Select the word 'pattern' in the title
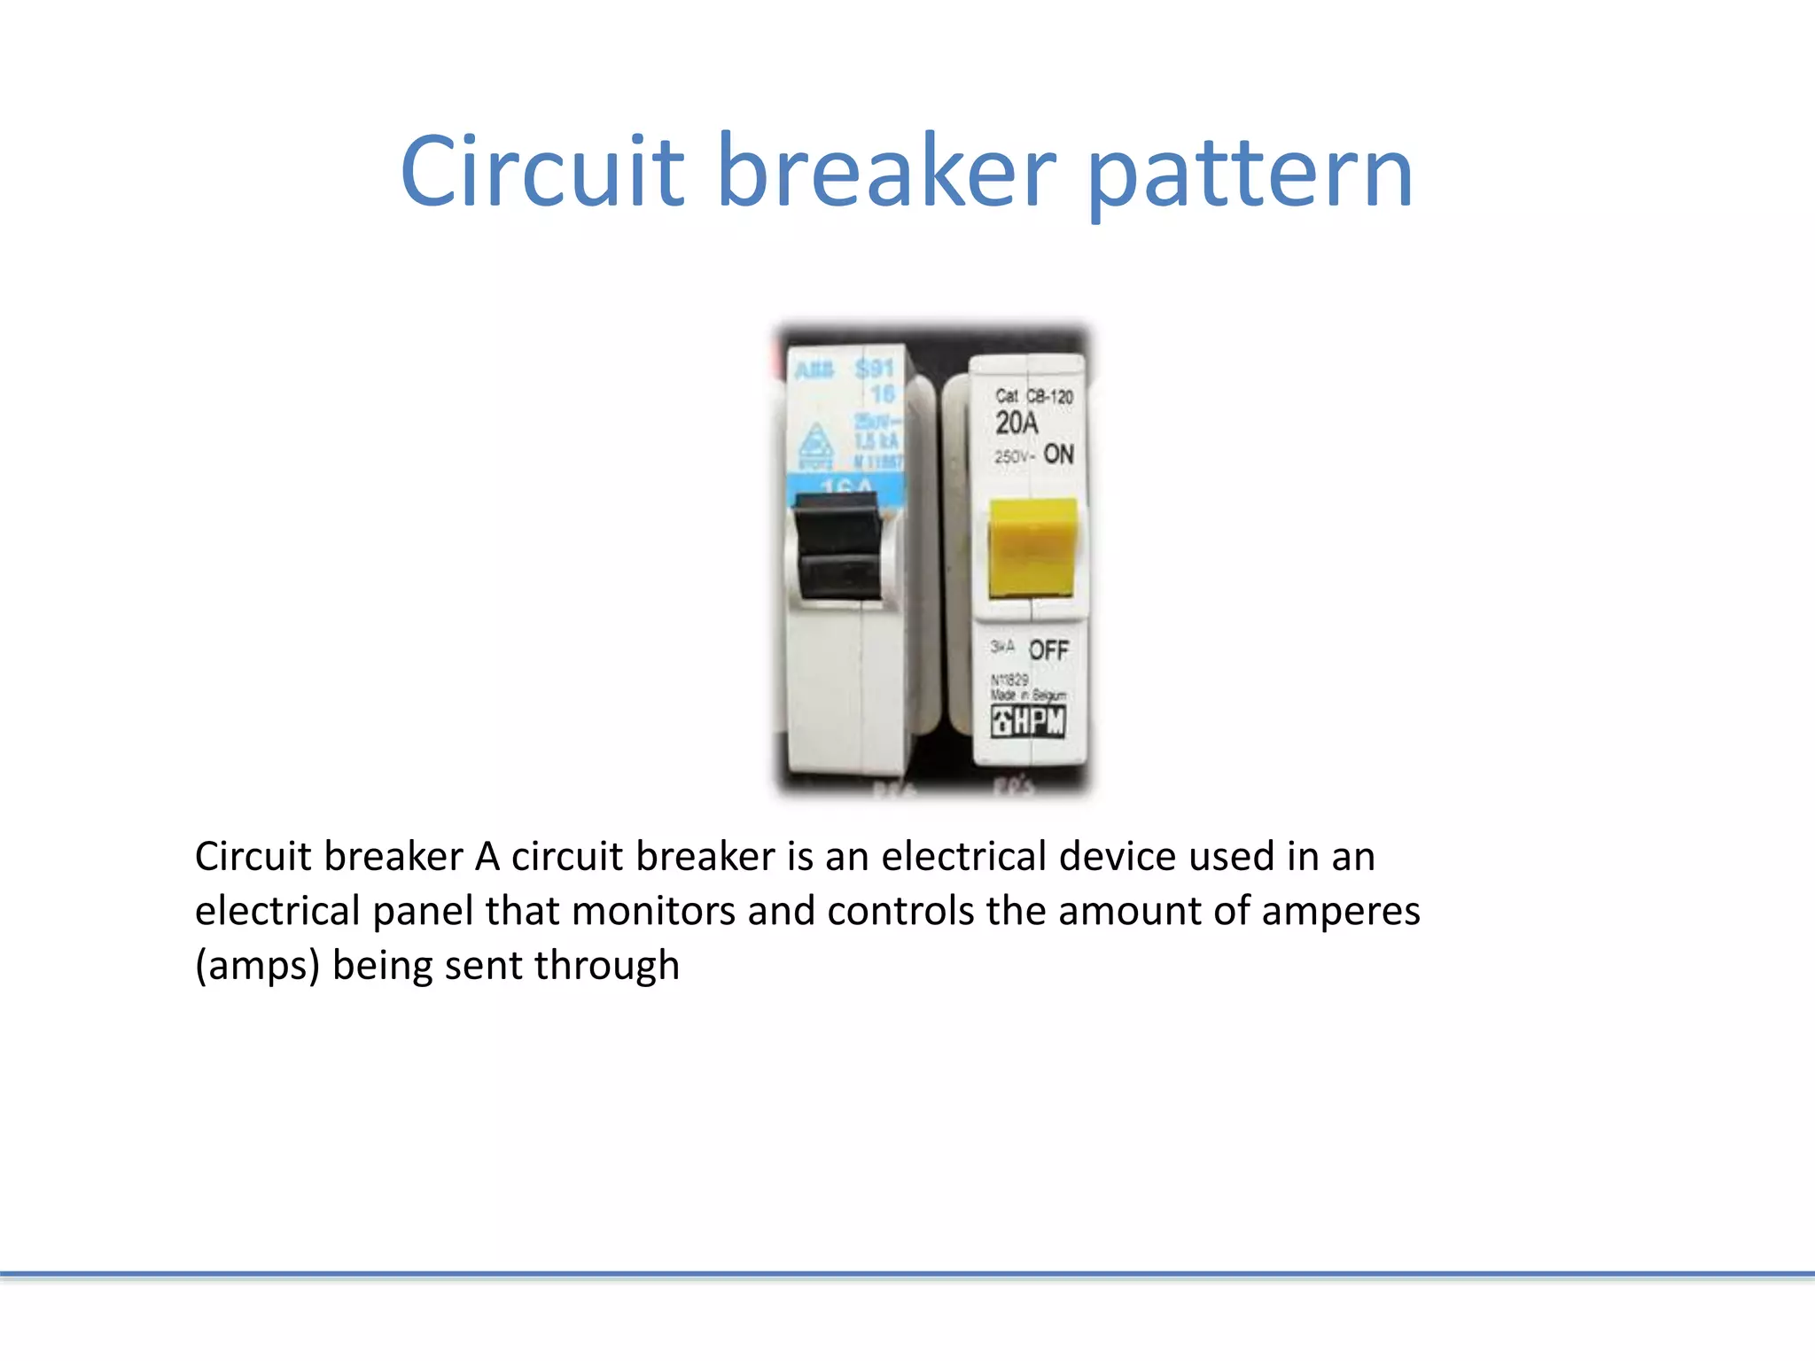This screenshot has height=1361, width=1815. [x=1250, y=174]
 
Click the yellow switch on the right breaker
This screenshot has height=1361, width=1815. [x=1032, y=548]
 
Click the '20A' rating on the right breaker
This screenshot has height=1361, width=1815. [x=1016, y=424]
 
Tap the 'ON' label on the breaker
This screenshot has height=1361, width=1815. [x=1058, y=455]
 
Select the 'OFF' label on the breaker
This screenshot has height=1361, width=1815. [x=1048, y=650]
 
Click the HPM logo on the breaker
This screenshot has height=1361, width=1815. [x=1028, y=721]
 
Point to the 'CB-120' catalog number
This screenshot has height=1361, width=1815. [x=1049, y=396]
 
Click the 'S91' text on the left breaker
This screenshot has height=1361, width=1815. [x=875, y=368]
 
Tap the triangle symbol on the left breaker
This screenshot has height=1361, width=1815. [x=816, y=442]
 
